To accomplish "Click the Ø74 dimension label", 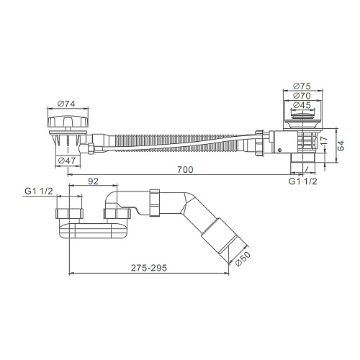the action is [66, 104].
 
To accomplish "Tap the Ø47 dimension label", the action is [67, 161].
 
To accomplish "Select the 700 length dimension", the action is [185, 170].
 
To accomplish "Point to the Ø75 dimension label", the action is [302, 86].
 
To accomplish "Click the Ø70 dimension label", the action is [302, 96].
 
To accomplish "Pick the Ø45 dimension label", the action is [302, 105].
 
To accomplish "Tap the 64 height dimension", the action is [341, 145].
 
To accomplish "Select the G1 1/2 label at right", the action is [302, 181].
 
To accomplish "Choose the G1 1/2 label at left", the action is [38, 191].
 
